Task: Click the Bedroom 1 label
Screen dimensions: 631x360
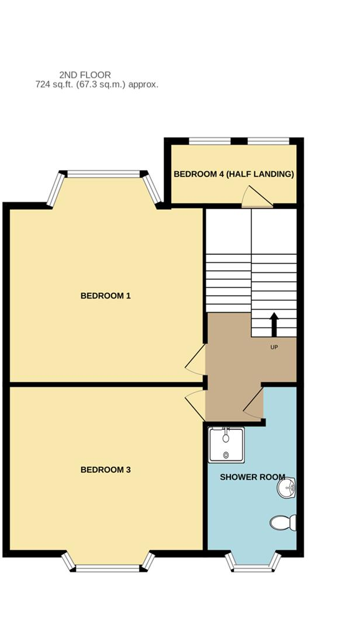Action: click(x=105, y=296)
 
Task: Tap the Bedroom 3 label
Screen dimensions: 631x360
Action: click(x=105, y=470)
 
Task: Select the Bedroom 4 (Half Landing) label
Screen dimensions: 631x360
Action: click(x=234, y=174)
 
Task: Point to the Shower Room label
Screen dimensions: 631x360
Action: click(x=252, y=477)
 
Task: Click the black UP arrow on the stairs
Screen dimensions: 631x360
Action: click(x=274, y=324)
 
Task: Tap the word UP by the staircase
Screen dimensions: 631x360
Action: click(x=274, y=348)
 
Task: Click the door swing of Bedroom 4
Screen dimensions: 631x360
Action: click(x=255, y=197)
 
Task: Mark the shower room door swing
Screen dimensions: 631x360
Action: click(x=254, y=405)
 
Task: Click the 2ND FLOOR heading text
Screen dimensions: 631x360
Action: click(x=85, y=75)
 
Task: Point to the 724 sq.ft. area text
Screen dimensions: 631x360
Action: click(x=96, y=85)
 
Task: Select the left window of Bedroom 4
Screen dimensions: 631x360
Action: click(x=210, y=141)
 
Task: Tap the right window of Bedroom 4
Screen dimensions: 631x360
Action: click(x=268, y=141)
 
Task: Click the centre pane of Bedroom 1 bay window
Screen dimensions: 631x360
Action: click(x=104, y=174)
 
